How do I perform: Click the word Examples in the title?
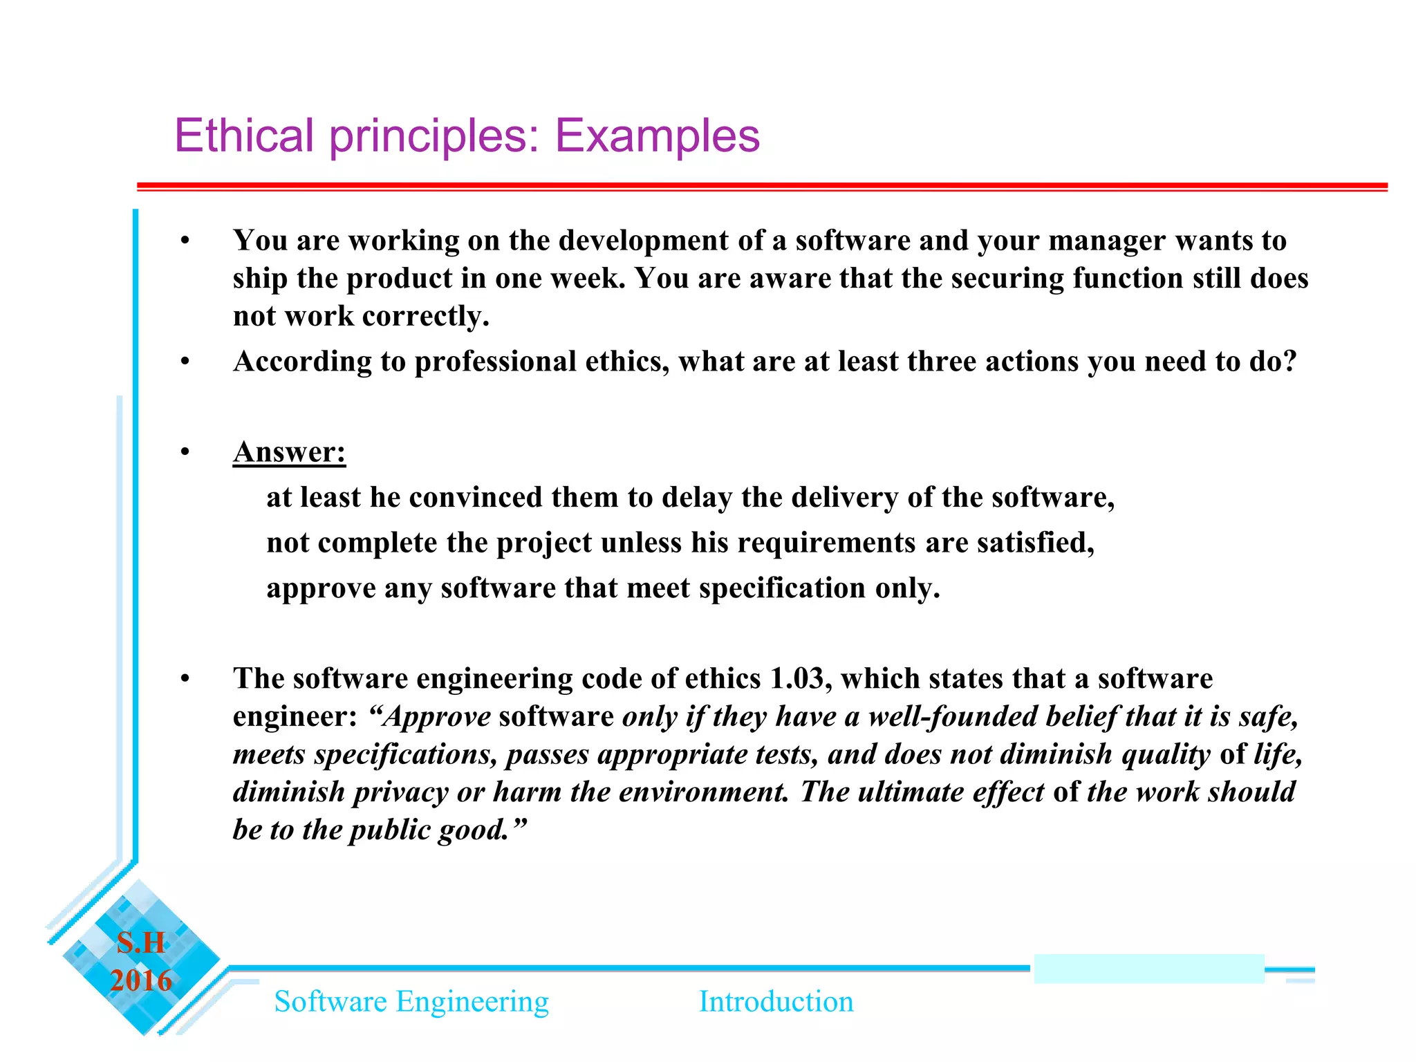[657, 136]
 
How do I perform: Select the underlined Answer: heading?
[289, 452]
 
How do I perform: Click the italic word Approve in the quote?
[438, 716]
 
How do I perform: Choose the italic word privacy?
[400, 792]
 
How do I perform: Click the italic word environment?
[703, 792]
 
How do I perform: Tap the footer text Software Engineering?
[411, 1002]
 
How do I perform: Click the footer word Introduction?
[776, 1002]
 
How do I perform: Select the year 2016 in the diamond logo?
[141, 980]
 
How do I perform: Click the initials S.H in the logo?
[141, 943]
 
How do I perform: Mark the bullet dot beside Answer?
[185, 452]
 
